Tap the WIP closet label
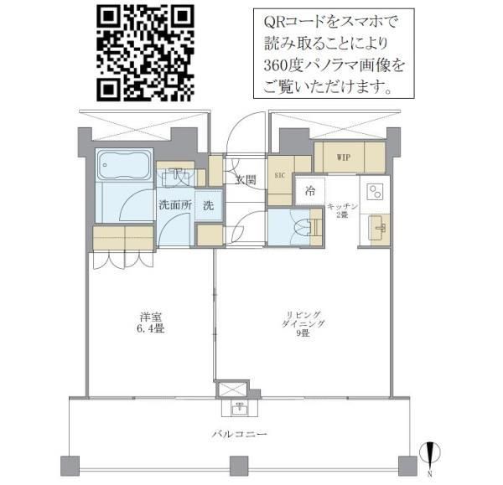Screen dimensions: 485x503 (343, 157)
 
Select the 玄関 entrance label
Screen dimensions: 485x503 (244, 179)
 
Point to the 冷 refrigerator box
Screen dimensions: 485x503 (310, 191)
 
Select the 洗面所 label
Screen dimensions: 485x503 (174, 205)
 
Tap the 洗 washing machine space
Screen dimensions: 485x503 (210, 205)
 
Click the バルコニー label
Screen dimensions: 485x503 (239, 435)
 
